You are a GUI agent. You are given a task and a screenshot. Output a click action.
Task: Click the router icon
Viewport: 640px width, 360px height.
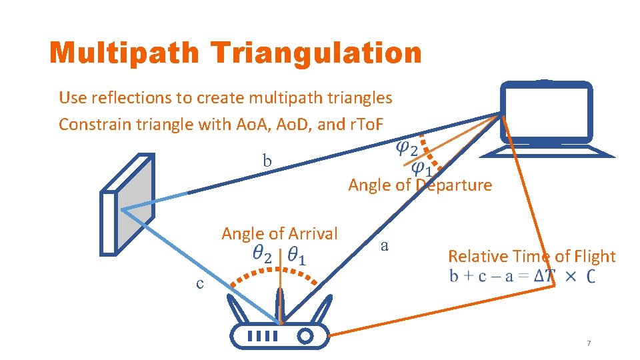(x=280, y=329)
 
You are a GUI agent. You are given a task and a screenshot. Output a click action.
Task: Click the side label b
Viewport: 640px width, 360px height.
(x=267, y=161)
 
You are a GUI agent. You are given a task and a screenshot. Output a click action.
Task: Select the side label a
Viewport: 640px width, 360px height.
(x=384, y=245)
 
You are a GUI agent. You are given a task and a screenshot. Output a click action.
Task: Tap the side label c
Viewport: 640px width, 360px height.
(x=200, y=283)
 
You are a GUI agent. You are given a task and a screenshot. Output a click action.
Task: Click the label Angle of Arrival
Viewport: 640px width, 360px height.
(x=279, y=234)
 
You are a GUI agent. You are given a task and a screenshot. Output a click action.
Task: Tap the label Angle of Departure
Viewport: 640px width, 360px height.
(x=420, y=185)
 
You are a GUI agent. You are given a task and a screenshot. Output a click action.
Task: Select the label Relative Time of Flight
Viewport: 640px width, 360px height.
(x=531, y=256)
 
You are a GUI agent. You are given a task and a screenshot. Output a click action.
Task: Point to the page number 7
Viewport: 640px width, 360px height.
(x=589, y=343)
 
